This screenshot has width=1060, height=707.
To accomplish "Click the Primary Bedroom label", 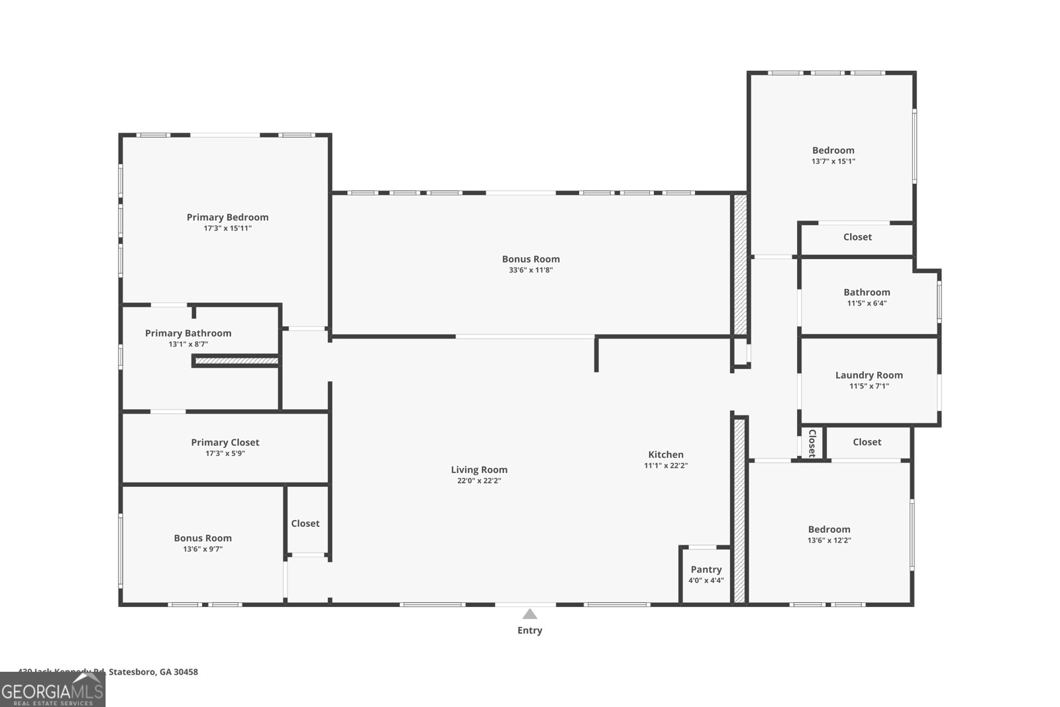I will click(227, 217).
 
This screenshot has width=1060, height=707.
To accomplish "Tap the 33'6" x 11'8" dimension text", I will click(531, 270).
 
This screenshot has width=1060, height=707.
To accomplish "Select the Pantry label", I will click(706, 569).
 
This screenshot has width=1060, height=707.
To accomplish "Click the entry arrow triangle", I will click(529, 614).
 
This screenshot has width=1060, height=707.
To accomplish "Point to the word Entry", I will click(529, 630).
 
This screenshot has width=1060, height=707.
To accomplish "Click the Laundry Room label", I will click(869, 375).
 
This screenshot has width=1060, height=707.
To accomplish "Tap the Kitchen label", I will click(666, 455).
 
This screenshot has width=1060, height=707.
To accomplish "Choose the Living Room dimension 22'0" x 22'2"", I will click(479, 481).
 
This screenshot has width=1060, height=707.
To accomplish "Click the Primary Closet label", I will click(225, 443).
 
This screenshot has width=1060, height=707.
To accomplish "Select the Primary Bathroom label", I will click(188, 333).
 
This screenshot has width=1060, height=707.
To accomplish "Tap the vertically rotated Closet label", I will click(812, 443).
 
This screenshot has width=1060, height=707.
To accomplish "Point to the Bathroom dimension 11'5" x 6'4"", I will click(867, 303).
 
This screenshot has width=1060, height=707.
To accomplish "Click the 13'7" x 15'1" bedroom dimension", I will click(833, 161).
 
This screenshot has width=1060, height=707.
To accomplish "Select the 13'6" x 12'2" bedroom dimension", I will click(829, 540).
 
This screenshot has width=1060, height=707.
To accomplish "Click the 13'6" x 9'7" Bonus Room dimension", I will click(203, 549).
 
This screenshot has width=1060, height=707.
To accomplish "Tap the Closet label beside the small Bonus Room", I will click(305, 523).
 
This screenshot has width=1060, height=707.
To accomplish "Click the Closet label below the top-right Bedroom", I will click(857, 237).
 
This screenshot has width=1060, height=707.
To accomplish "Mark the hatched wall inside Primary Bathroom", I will click(236, 361).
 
